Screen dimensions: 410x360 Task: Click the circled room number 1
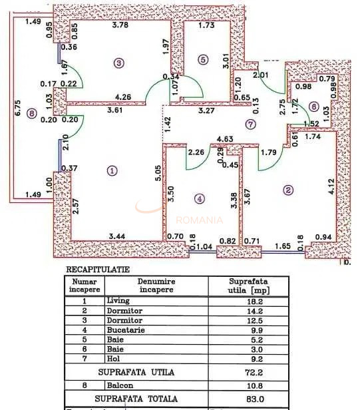[x=112, y=170]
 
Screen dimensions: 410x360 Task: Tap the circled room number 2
[x=287, y=190]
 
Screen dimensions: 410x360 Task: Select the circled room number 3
[x=119, y=63]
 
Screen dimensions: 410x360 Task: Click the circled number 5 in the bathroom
[x=203, y=59]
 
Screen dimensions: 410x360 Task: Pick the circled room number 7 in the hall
[x=250, y=124]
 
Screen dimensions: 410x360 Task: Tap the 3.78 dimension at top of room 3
[x=120, y=26]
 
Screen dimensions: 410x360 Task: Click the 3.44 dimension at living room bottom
[x=116, y=236]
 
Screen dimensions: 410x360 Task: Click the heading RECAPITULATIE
[x=98, y=270]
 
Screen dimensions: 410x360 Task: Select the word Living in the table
[x=118, y=301]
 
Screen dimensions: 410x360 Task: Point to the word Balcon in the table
[x=118, y=385]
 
